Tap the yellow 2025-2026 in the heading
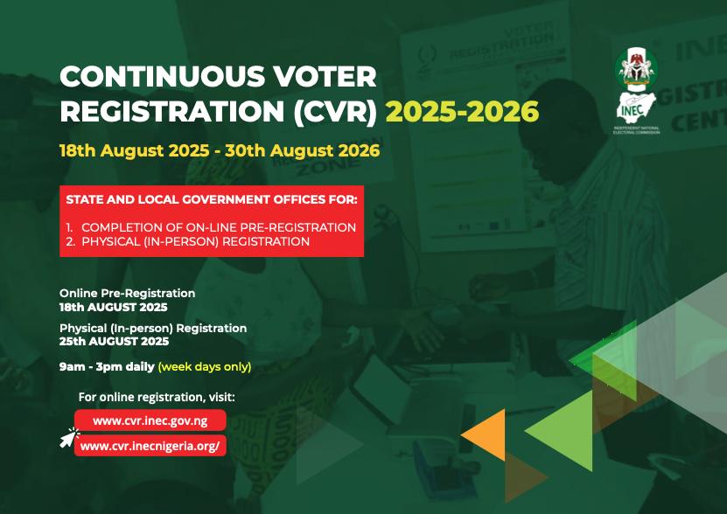[x=462, y=112]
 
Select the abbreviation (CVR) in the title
[x=335, y=112]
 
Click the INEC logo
[x=636, y=91]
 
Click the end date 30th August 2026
[x=303, y=150]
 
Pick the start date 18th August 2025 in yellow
[x=135, y=150]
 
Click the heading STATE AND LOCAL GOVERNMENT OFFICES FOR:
[x=212, y=200]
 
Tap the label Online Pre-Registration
[x=127, y=294]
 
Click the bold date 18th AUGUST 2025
[x=113, y=308]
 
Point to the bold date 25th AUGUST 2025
[x=114, y=342]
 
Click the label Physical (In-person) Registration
[x=153, y=328]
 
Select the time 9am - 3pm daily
[x=107, y=366]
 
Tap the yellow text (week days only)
[x=205, y=367]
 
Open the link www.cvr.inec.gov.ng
[x=150, y=420]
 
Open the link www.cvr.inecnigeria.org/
[x=150, y=446]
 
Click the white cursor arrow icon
[x=68, y=438]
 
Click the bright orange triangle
[x=486, y=434]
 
